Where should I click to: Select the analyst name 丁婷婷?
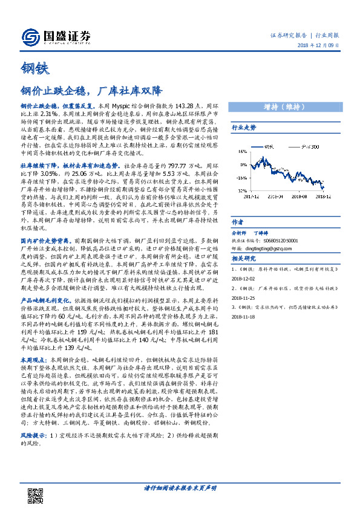278,232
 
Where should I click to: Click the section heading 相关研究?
244,258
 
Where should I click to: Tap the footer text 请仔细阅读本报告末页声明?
180,488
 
